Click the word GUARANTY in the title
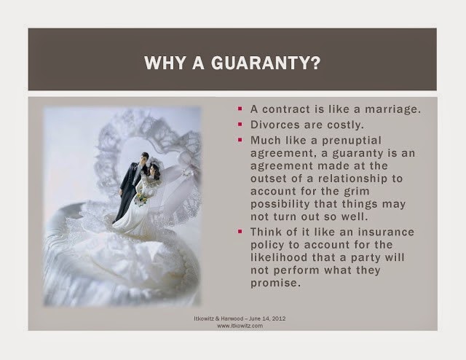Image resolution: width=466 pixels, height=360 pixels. tap(266, 63)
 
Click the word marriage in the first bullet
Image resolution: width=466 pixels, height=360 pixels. tap(392, 109)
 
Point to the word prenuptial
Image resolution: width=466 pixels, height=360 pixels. tap(352, 141)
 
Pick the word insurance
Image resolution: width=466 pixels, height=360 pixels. tap(386, 232)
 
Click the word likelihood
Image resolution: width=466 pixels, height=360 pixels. tap(279, 257)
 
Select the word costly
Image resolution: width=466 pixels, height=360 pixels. tap(345, 125)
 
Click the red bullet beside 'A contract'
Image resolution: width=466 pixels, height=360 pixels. tap(240, 109)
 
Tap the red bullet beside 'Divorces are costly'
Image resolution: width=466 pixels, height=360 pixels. tap(240, 124)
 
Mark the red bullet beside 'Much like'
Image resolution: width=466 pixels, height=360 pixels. tap(240, 139)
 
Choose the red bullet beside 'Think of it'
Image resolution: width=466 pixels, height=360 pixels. tap(240, 231)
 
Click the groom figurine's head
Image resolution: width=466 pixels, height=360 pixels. tap(144, 158)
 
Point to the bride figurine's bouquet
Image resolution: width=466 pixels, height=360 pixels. tap(141, 199)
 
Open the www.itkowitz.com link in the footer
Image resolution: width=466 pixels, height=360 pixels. tap(240, 326)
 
